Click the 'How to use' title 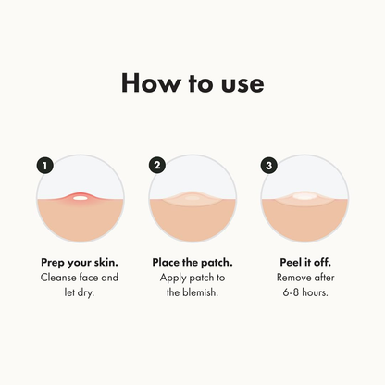192,82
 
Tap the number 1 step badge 43,166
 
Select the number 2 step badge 156,166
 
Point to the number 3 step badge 269,166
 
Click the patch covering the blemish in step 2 192,199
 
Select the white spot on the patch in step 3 304,196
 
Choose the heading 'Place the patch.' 192,262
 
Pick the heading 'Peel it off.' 304,262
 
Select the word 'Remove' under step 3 294,278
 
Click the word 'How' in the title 150,82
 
